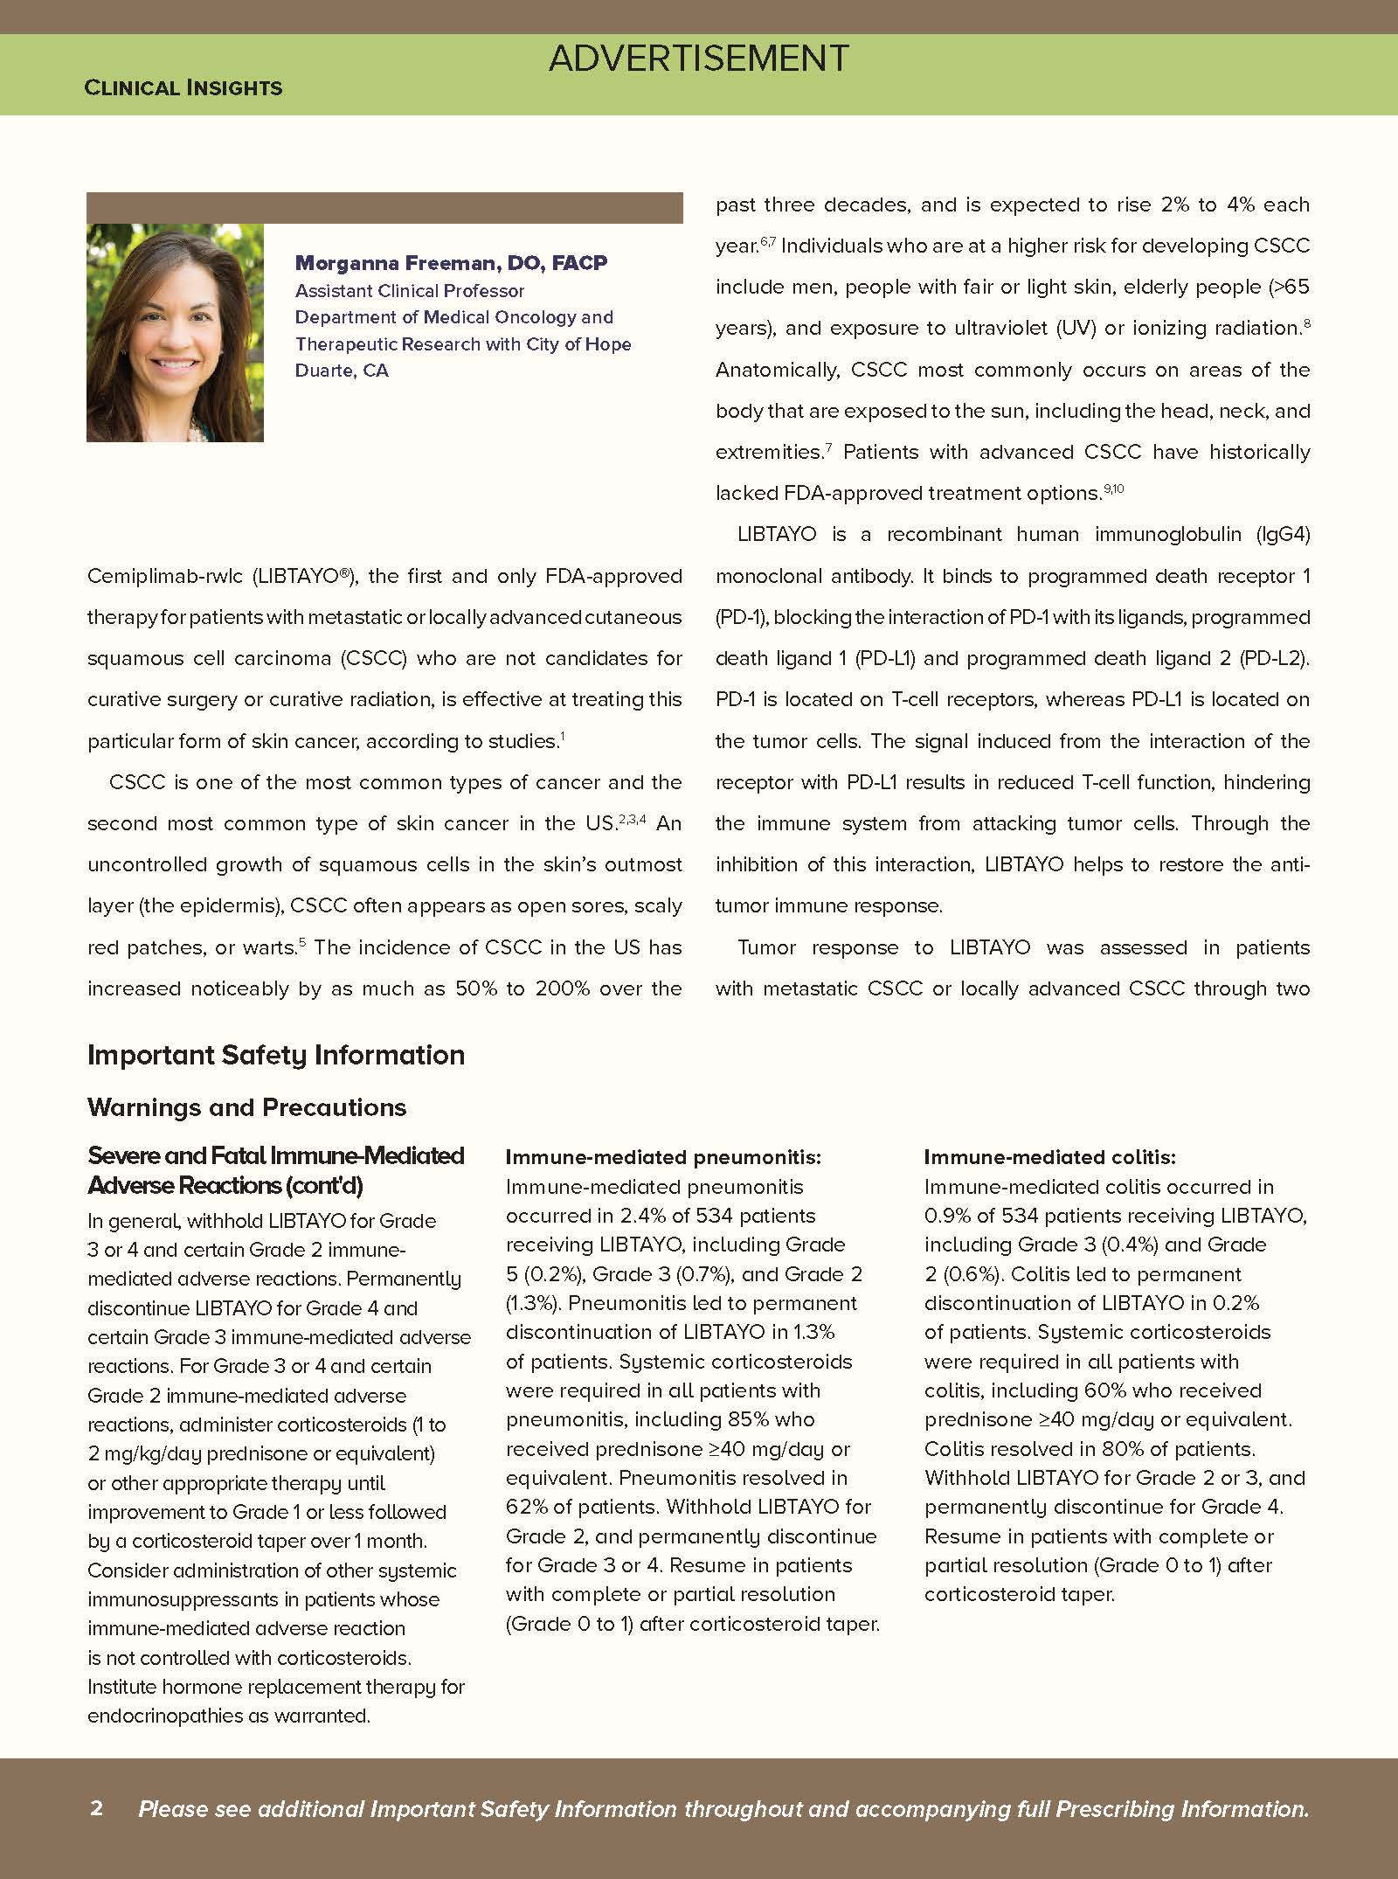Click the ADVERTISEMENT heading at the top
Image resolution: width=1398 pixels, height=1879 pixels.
click(698, 59)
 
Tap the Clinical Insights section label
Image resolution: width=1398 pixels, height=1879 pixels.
click(183, 88)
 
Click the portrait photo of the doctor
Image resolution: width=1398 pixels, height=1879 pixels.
click(175, 332)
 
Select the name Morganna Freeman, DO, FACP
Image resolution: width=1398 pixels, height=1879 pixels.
click(451, 263)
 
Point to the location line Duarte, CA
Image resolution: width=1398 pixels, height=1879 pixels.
click(342, 371)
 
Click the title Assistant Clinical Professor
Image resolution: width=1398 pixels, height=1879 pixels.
click(410, 291)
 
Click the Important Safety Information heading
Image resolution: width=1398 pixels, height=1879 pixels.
click(276, 1055)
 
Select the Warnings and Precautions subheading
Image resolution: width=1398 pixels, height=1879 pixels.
click(247, 1107)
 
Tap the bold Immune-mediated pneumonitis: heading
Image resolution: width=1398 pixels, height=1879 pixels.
click(663, 1157)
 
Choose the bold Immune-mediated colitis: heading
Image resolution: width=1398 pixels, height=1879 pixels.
click(1050, 1157)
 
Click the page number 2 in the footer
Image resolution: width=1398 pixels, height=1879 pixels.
click(97, 1808)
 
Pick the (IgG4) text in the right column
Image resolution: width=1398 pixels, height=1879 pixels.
click(1281, 535)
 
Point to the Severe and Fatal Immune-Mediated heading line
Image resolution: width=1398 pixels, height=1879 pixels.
click(276, 1156)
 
